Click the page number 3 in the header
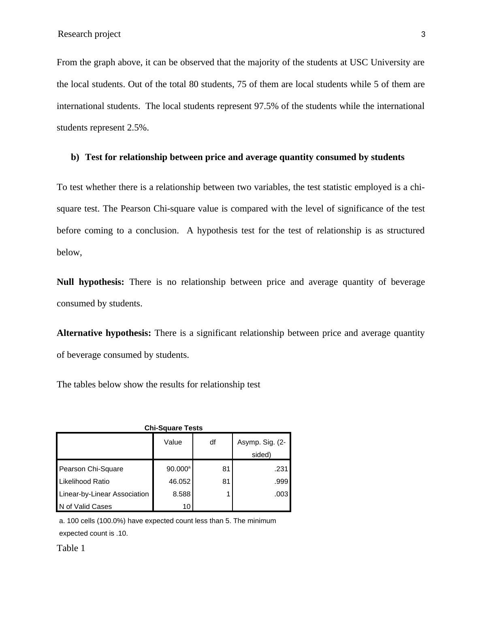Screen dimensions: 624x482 click(423, 34)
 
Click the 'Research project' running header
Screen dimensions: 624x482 click(89, 34)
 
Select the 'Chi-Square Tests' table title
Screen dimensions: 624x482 click(173, 428)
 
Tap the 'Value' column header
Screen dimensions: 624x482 click(173, 442)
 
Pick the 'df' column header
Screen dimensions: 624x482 click(213, 442)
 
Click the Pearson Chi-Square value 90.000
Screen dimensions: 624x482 click(177, 469)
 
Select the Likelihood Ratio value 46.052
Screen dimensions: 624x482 click(179, 481)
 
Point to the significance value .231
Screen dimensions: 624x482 click(281, 469)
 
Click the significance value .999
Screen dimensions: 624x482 click(281, 481)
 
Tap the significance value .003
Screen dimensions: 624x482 click(281, 494)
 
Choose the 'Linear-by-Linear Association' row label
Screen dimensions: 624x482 click(104, 494)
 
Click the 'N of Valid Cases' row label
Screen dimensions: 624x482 click(85, 506)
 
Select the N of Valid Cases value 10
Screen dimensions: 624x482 click(186, 506)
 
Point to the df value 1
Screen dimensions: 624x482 click(228, 494)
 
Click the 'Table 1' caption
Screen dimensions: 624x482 click(71, 548)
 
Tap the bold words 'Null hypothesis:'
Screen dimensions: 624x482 click(90, 282)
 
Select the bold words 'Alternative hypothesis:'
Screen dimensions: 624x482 click(104, 333)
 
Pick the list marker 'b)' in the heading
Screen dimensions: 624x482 click(75, 157)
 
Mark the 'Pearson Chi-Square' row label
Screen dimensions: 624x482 click(91, 469)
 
